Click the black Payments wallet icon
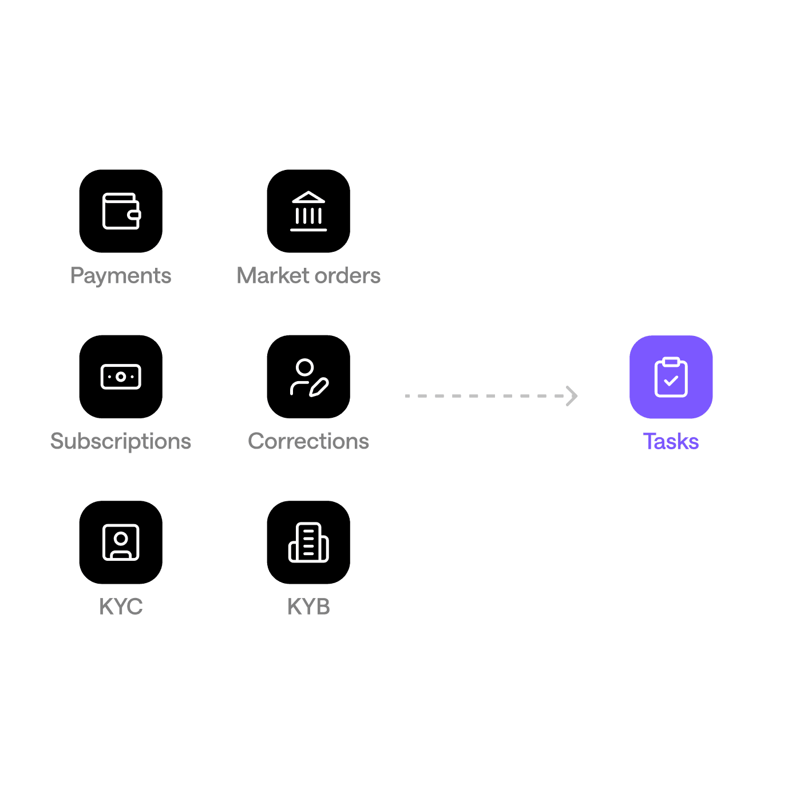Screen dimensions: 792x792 [121, 211]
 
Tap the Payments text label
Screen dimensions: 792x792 [121, 276]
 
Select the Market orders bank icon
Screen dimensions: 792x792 [308, 211]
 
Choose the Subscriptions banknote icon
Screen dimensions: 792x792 [121, 377]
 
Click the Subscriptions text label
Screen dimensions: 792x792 [121, 441]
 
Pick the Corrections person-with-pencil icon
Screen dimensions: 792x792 [308, 377]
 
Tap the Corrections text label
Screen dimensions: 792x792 [308, 441]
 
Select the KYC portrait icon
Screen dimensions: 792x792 [121, 542]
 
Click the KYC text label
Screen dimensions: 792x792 [121, 607]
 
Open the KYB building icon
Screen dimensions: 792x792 [308, 542]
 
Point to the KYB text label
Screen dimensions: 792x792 [308, 607]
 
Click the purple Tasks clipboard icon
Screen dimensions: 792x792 [671, 377]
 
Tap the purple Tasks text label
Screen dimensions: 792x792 [671, 441]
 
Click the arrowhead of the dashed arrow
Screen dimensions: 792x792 [572, 396]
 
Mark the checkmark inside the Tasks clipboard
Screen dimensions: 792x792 [671, 381]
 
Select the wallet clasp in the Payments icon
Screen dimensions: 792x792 [135, 215]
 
